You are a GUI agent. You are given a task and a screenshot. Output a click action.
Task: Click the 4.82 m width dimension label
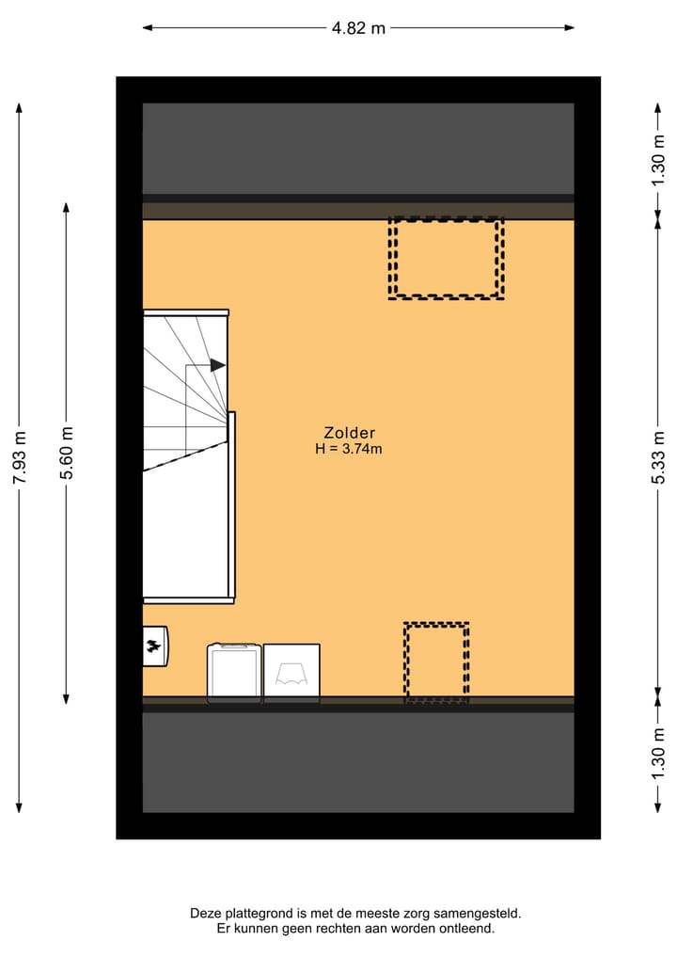[x=358, y=28]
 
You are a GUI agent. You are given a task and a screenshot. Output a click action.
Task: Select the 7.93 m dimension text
[x=20, y=457]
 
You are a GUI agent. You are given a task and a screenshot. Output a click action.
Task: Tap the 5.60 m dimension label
[x=67, y=453]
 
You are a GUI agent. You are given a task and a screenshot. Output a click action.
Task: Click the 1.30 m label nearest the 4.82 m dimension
[x=658, y=159]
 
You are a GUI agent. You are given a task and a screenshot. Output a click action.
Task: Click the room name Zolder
[x=349, y=433]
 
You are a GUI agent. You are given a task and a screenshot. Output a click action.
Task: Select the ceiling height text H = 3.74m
[x=349, y=449]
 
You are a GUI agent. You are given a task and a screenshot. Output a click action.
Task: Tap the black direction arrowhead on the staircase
[x=218, y=365]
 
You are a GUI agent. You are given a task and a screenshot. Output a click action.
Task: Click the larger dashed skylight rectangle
[x=446, y=258]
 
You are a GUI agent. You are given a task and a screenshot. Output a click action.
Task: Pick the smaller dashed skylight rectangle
[x=436, y=662]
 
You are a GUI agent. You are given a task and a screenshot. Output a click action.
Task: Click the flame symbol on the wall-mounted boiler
[x=152, y=646]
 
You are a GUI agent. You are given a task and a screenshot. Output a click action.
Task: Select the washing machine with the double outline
[x=234, y=672]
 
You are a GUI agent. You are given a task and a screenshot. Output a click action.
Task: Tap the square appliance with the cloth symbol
[x=291, y=672]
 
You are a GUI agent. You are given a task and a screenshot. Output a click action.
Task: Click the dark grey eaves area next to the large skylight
[x=358, y=149]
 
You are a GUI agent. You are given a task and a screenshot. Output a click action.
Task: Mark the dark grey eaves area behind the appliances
[x=358, y=762]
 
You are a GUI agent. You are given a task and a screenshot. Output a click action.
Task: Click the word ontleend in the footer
[x=465, y=929]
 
